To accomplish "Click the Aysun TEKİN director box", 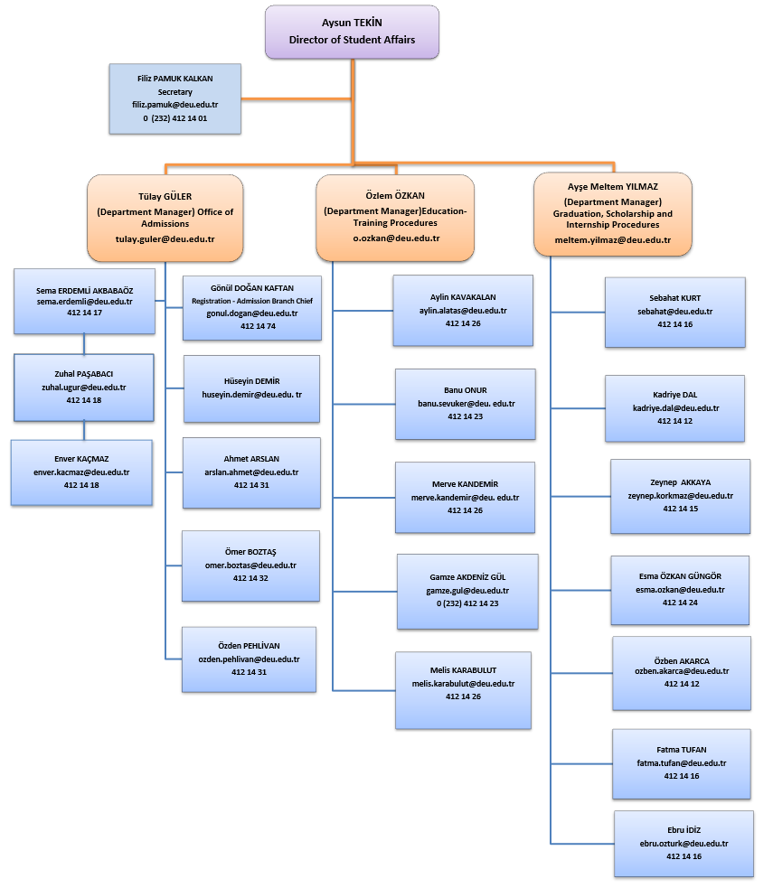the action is pos(352,32).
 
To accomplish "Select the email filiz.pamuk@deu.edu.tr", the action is pos(175,105).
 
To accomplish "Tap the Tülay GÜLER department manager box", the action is pos(165,218).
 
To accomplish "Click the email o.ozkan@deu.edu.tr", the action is pos(396,238).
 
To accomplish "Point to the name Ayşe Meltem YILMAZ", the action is pos(613,187).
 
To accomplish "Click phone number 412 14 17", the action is pos(84,313).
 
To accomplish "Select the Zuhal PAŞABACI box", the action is pos(84,388).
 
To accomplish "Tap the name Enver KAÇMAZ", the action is pos(81,459).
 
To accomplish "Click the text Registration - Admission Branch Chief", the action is pos(252,301).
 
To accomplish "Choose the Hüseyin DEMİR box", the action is pos(251,388).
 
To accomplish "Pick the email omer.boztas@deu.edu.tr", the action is pos(250,566).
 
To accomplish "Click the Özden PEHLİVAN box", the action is pos(249,659).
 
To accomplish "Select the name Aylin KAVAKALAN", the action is pos(463,297).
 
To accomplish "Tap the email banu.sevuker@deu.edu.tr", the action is pos(467,404).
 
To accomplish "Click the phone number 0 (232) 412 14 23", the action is pos(467,603).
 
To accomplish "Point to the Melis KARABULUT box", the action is pos(463,690).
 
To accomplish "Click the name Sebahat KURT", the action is pos(675,298).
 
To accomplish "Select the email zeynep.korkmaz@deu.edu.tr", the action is pos(680,496).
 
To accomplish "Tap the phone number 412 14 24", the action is pos(680,603).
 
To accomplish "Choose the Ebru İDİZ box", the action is pos(683,844).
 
